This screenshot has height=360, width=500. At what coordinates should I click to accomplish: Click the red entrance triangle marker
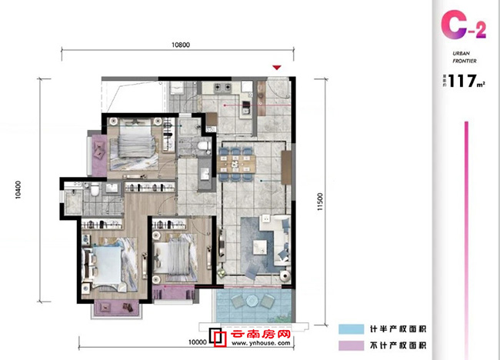tap(278, 68)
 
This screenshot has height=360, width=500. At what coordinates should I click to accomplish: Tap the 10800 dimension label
tap(181, 45)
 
